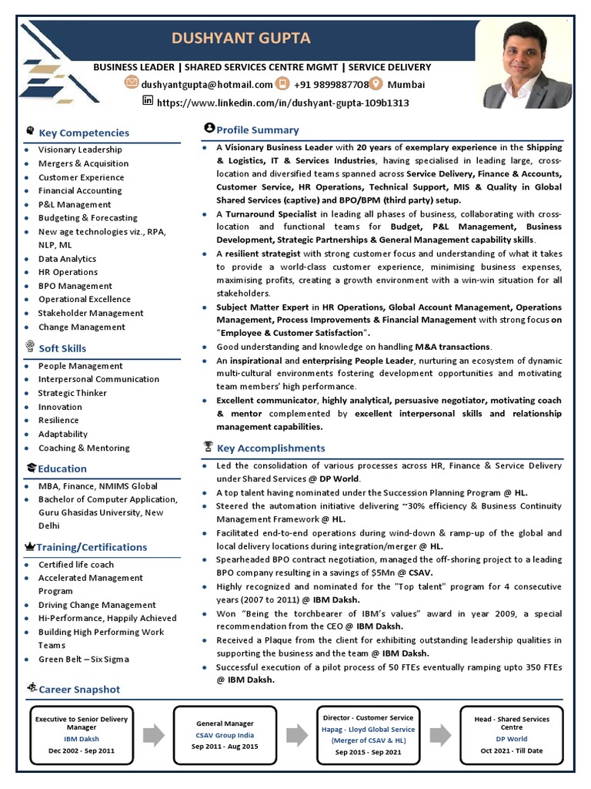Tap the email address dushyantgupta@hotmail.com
pyautogui.click(x=206, y=85)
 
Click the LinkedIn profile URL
pyautogui.click(x=283, y=102)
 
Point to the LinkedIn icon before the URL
pyautogui.click(x=149, y=101)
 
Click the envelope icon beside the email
pyautogui.click(x=131, y=84)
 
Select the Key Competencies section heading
pyautogui.click(x=84, y=133)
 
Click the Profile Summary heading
pyautogui.click(x=257, y=129)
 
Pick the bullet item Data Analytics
pyautogui.click(x=67, y=259)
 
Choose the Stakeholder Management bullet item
pyautogui.click(x=91, y=313)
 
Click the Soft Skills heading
pyautogui.click(x=62, y=348)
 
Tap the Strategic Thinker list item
pyautogui.click(x=72, y=393)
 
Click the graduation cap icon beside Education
pyautogui.click(x=31, y=468)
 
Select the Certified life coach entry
pyautogui.click(x=75, y=565)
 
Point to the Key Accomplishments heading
pyautogui.click(x=271, y=448)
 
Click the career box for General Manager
pyautogui.click(x=225, y=735)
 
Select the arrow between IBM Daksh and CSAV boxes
pyautogui.click(x=153, y=735)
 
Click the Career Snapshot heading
pyautogui.click(x=79, y=689)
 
